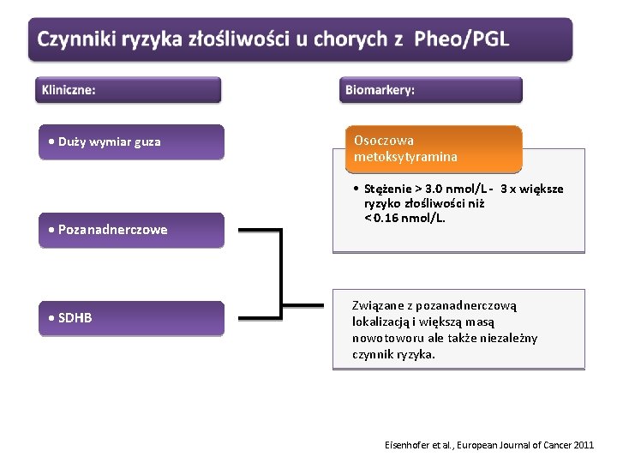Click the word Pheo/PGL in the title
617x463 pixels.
(x=461, y=39)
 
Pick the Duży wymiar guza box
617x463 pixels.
(x=132, y=142)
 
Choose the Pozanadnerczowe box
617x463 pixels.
(x=132, y=230)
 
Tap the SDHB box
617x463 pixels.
(x=132, y=318)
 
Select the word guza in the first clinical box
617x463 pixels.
(x=147, y=142)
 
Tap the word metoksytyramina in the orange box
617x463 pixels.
(x=406, y=157)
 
